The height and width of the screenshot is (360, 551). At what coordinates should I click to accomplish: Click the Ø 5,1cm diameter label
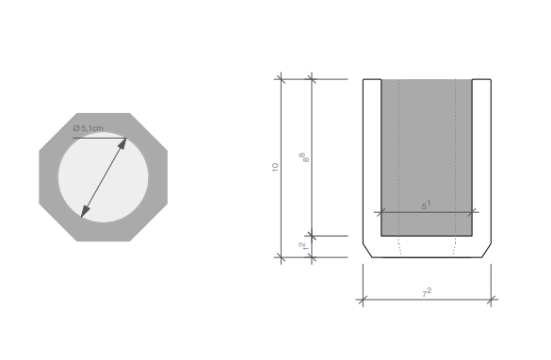pyautogui.click(x=89, y=128)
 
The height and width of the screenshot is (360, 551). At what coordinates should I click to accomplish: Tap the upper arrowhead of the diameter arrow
pyautogui.click(x=122, y=143)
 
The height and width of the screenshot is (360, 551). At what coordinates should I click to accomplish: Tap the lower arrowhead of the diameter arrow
pyautogui.click(x=85, y=212)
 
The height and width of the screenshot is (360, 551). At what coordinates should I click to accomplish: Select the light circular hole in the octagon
pyautogui.click(x=104, y=177)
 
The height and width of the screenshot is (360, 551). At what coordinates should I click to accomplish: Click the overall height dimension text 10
pyautogui.click(x=275, y=168)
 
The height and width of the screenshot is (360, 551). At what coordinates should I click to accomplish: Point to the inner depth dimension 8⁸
pyautogui.click(x=304, y=157)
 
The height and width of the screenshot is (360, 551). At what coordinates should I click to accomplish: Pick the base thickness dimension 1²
pyautogui.click(x=304, y=247)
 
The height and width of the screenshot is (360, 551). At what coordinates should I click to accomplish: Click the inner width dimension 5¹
pyautogui.click(x=426, y=205)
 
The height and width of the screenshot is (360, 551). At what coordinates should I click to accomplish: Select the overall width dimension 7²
pyautogui.click(x=427, y=293)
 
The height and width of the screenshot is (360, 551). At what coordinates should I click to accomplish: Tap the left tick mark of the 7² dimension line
pyautogui.click(x=363, y=300)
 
